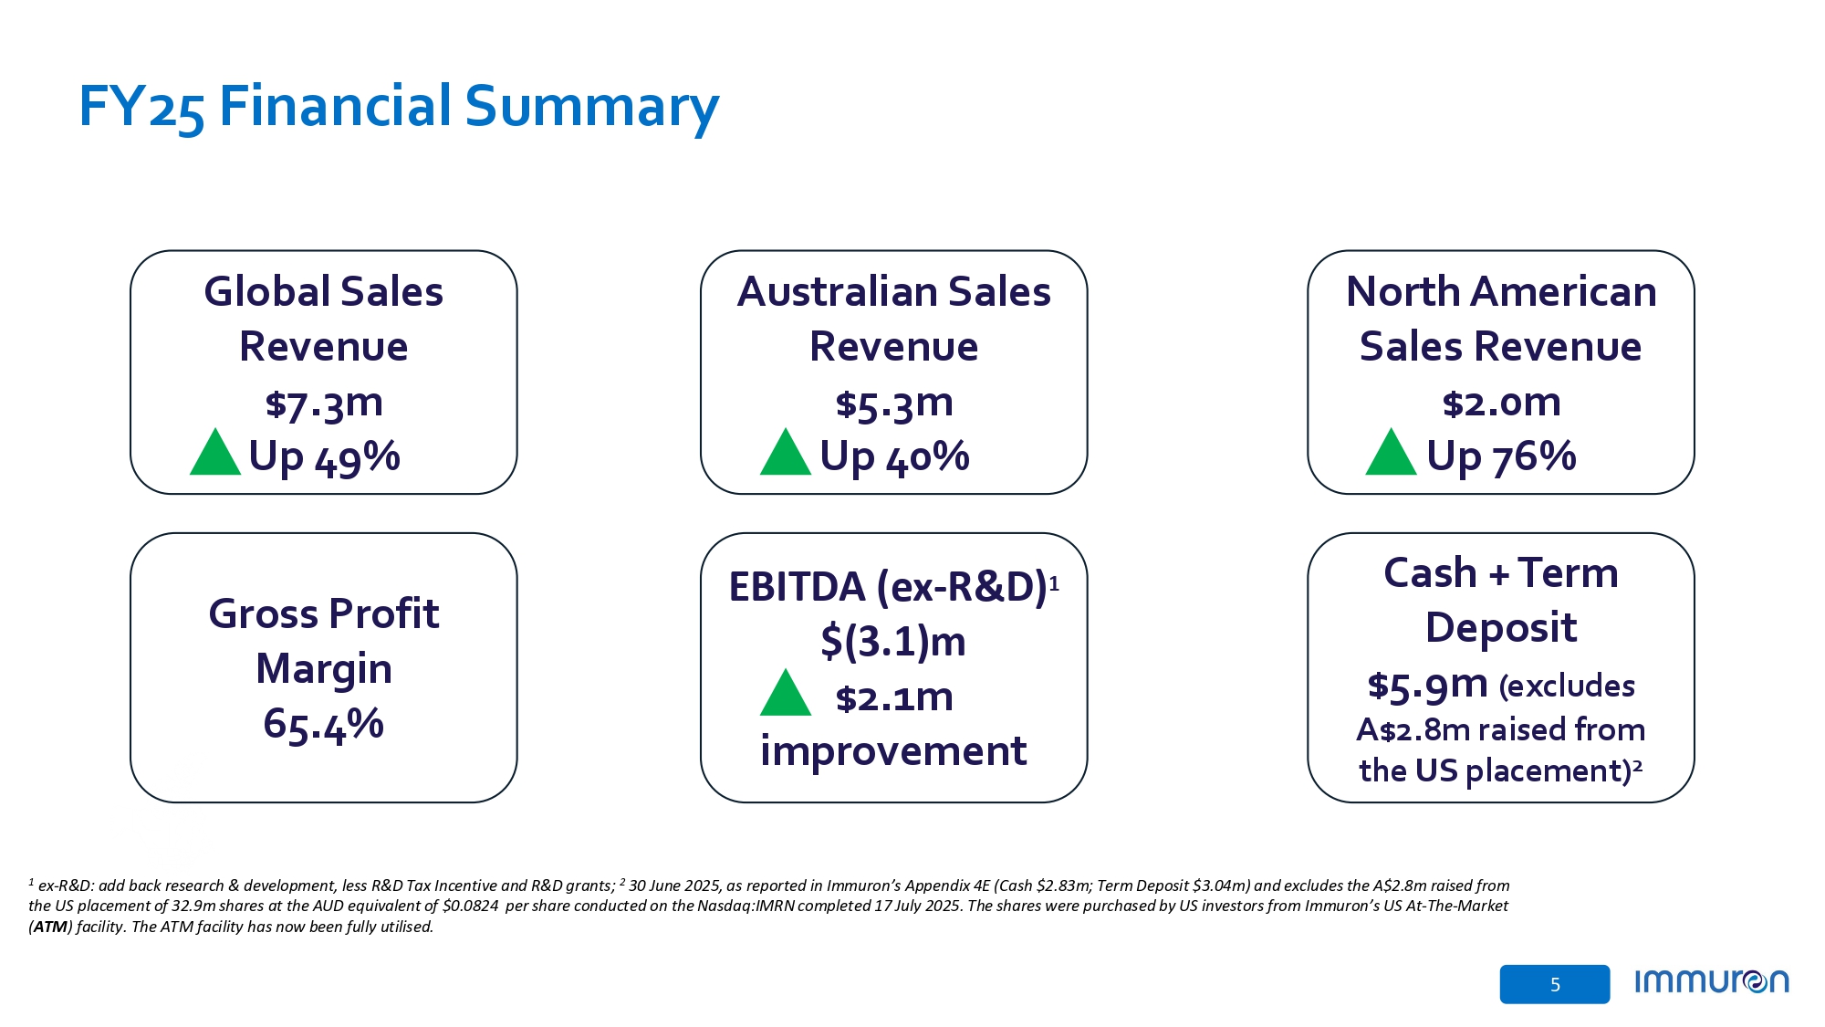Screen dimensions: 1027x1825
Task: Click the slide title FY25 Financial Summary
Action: (399, 107)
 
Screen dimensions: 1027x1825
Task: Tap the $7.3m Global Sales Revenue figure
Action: (324, 403)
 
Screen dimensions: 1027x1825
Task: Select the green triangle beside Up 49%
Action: (214, 454)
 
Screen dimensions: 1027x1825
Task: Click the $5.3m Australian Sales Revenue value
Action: (894, 403)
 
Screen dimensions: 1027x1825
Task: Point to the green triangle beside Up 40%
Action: (785, 454)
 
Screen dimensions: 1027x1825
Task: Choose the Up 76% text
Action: (1501, 456)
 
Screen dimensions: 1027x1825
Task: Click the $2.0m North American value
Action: (1501, 403)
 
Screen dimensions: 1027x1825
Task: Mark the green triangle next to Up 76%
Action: (1391, 454)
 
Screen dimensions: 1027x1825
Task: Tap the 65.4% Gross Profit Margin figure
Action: (324, 724)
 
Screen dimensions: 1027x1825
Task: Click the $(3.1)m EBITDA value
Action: (892, 641)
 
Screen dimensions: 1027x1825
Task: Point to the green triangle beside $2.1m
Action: (785, 695)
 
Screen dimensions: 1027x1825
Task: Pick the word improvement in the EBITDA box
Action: (892, 751)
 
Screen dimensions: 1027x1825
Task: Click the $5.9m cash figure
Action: (1427, 685)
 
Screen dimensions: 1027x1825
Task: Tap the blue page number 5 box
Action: (1554, 984)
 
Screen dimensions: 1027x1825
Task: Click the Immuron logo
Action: (1711, 982)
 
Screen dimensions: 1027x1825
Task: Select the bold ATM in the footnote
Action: (50, 927)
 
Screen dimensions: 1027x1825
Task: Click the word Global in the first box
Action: (266, 292)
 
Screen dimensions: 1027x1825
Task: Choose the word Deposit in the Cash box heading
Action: (1501, 628)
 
